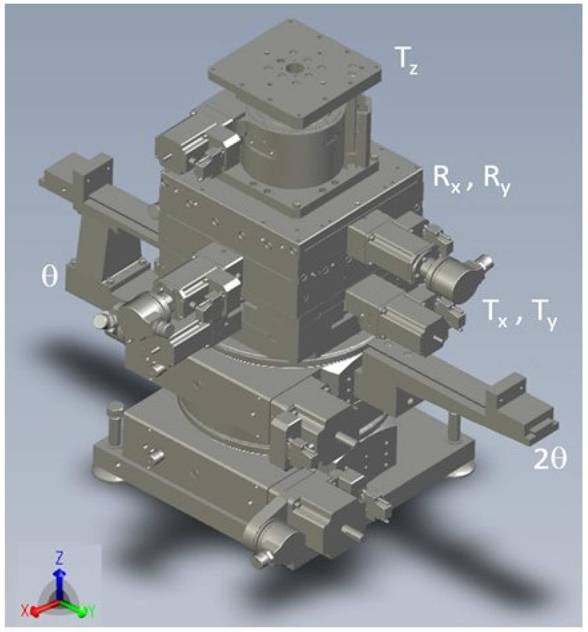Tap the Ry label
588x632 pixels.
tap(497, 181)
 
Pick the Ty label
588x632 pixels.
tap(544, 315)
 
